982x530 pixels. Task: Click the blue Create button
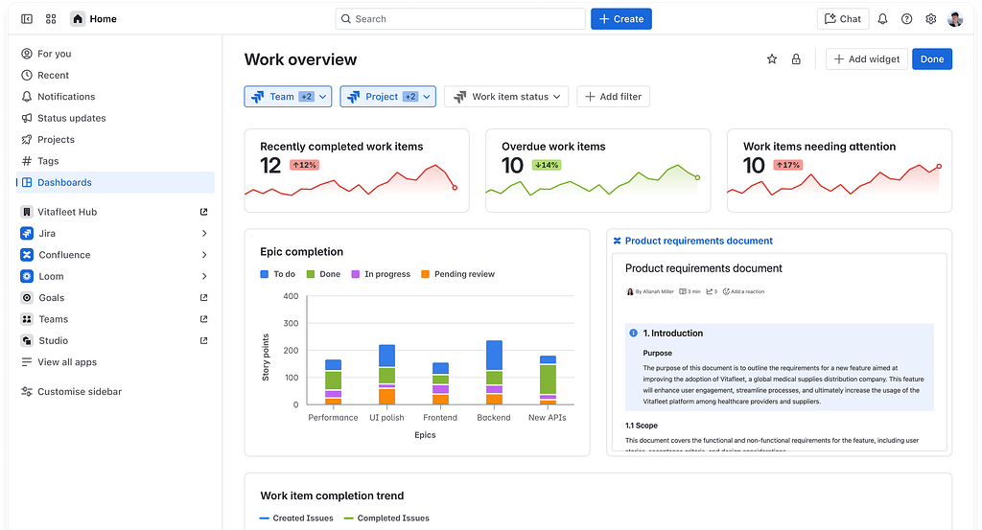pos(620,19)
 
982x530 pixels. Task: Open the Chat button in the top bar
pos(842,19)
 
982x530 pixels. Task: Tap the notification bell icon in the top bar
pos(882,19)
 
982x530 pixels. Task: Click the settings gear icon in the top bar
pos(930,19)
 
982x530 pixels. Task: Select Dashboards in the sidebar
pos(64,182)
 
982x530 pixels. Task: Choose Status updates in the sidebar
pos(71,118)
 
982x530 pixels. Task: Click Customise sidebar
pos(79,391)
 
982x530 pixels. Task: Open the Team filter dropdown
pos(288,97)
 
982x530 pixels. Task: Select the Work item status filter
pos(506,97)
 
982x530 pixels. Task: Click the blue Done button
pos(932,59)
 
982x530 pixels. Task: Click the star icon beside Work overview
pos(772,59)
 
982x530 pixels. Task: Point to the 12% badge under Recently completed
pos(304,165)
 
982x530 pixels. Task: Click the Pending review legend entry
pos(464,274)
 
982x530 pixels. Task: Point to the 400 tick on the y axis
pos(291,296)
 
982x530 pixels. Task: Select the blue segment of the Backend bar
pos(494,356)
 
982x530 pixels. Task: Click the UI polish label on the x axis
pos(386,418)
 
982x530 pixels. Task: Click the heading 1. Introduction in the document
pos(672,334)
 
